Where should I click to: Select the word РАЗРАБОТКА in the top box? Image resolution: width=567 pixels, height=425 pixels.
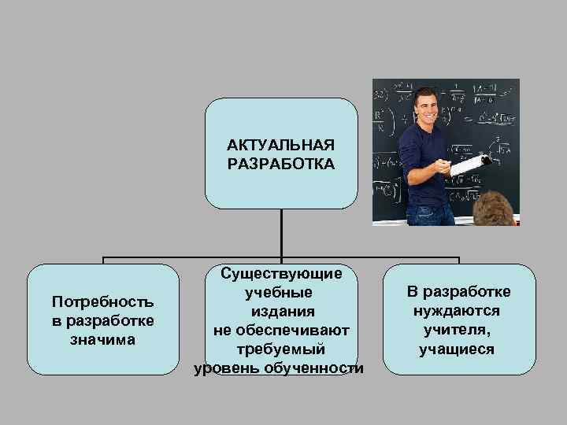[281, 164]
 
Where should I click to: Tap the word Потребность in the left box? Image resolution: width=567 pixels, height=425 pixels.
[103, 302]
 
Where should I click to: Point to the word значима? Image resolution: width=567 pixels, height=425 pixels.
[103, 339]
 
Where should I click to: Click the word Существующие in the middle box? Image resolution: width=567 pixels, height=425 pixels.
[281, 274]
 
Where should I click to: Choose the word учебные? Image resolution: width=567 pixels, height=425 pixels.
[281, 293]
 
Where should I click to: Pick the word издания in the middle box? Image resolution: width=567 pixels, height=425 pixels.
[281, 312]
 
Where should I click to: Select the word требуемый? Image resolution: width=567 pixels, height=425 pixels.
[281, 349]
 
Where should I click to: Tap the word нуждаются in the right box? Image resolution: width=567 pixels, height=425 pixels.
[458, 312]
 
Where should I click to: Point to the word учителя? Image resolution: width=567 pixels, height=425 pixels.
[458, 331]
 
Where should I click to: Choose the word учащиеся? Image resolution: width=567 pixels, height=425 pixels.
[458, 349]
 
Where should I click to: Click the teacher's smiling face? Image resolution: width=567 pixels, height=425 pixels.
[430, 107]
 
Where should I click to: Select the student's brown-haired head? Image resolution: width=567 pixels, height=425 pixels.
[499, 208]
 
